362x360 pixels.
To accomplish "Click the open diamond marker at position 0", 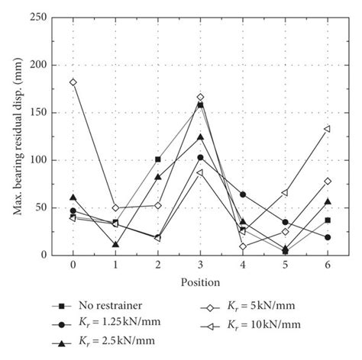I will pyautogui.click(x=73, y=82).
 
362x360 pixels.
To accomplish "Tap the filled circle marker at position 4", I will pyautogui.click(x=243, y=194).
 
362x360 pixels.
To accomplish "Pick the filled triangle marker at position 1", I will pyautogui.click(x=115, y=245).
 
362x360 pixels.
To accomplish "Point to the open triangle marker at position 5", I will pyautogui.click(x=285, y=193).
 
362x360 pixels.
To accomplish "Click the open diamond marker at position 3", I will pyautogui.click(x=200, y=97).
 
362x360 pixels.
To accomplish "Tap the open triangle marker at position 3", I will pyautogui.click(x=200, y=172).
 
